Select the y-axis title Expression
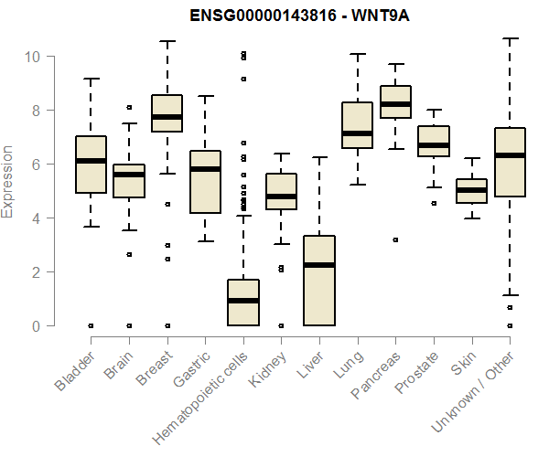pyautogui.click(x=8, y=181)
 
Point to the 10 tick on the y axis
pyautogui.click(x=33, y=57)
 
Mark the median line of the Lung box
pyautogui.click(x=357, y=133)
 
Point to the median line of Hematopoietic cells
pyautogui.click(x=242, y=301)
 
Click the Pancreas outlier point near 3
pyautogui.click(x=395, y=239)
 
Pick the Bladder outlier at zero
pyautogui.click(x=91, y=325)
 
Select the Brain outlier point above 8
pyautogui.click(x=129, y=108)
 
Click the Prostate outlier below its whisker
pyautogui.click(x=434, y=203)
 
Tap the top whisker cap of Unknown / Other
pyautogui.click(x=510, y=38)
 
